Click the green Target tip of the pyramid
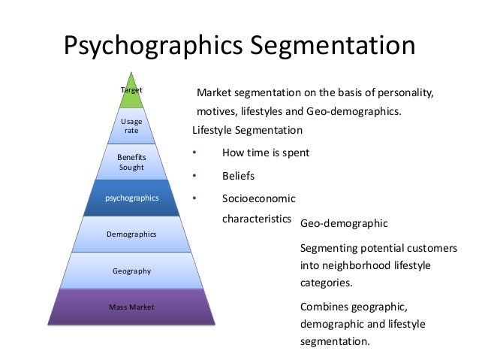click(132, 90)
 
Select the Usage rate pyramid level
click(132, 126)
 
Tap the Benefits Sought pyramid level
click(132, 162)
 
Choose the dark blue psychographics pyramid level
click(132, 198)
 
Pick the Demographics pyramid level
click(132, 234)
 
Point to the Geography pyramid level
click(132, 271)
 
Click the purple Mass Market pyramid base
click(132, 307)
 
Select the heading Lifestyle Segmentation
click(247, 130)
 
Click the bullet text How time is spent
click(266, 153)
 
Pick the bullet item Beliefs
click(239, 176)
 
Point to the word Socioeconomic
click(258, 198)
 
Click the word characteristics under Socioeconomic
click(256, 220)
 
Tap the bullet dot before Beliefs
click(194, 176)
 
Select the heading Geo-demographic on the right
click(343, 223)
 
